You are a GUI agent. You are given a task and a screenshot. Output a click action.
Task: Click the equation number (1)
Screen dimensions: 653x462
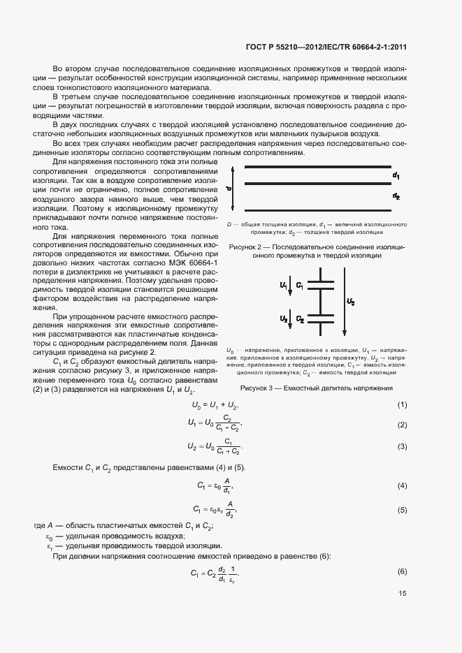(403, 406)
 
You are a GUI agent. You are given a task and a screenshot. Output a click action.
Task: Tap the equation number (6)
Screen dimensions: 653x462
(403, 572)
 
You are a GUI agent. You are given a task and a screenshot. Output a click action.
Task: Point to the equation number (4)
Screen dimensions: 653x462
(403, 485)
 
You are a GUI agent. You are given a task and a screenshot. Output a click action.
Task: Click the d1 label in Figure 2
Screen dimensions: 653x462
(396, 175)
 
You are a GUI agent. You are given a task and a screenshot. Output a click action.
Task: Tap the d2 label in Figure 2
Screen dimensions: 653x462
(396, 196)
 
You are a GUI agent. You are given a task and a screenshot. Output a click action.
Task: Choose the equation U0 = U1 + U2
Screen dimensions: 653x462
(215, 406)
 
